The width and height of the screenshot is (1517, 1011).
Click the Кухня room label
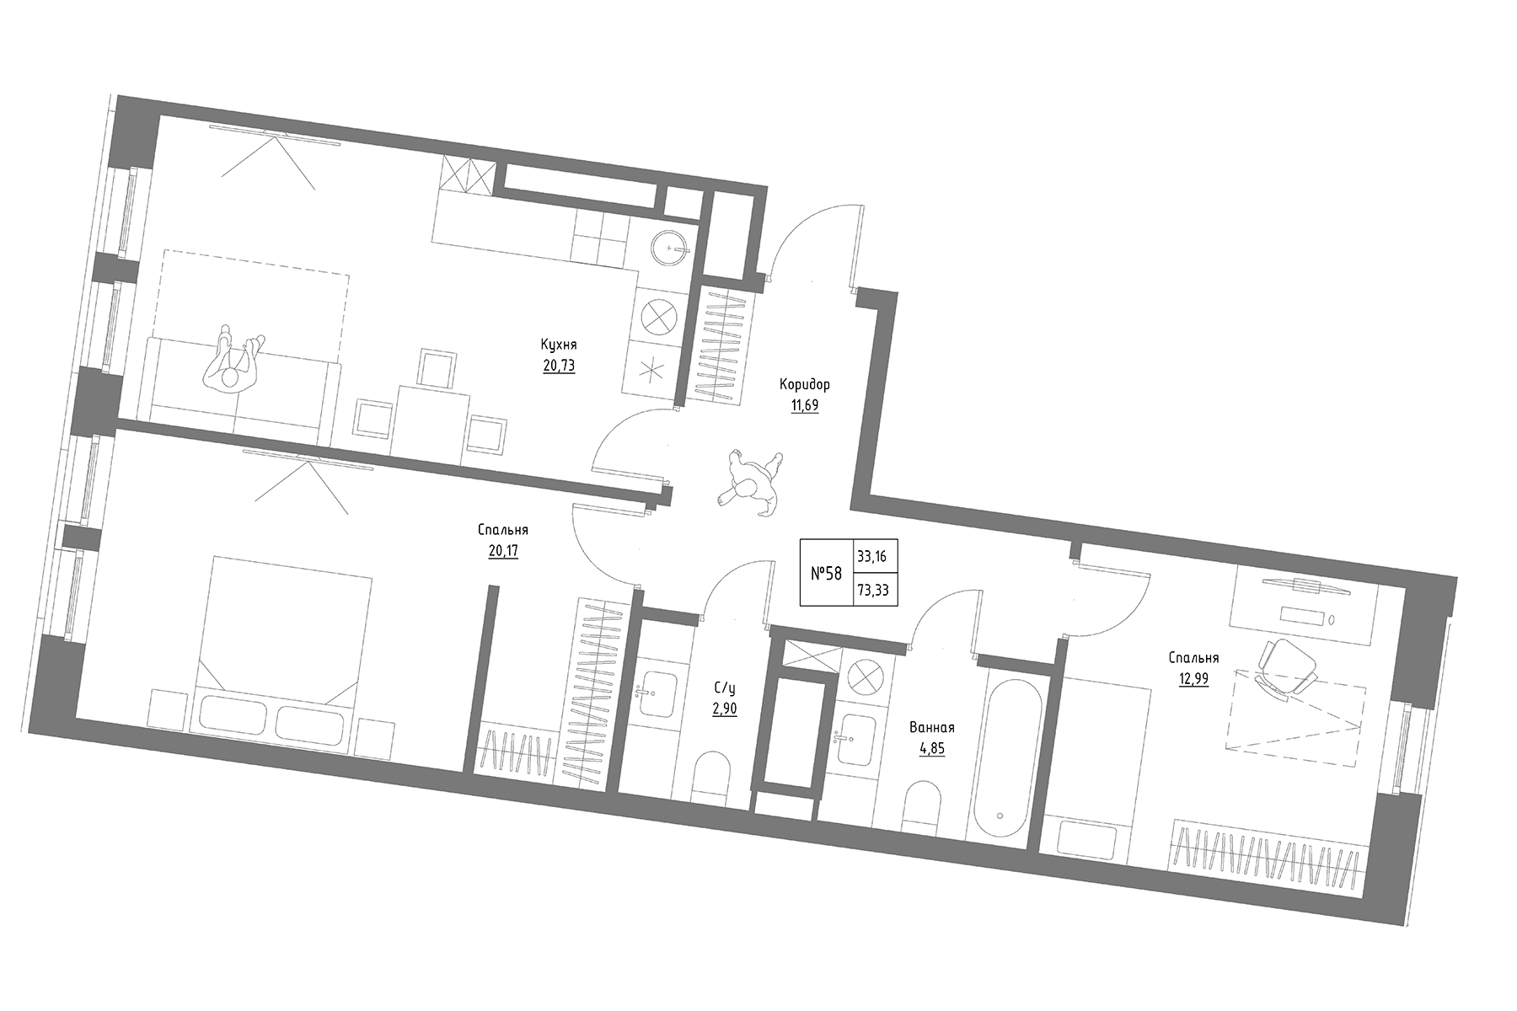560,345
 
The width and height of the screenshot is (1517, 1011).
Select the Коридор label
805,384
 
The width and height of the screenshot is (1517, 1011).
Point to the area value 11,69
805,405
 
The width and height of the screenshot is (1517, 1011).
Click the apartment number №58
826,574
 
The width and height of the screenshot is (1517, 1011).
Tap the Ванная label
932,727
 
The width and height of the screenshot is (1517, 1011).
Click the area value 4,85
932,748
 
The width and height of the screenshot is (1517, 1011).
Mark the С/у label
724,687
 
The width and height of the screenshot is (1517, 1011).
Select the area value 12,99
1194,679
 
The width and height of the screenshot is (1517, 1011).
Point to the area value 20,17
503,551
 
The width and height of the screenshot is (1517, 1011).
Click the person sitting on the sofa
232,362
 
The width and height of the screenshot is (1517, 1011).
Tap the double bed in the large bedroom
278,649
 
